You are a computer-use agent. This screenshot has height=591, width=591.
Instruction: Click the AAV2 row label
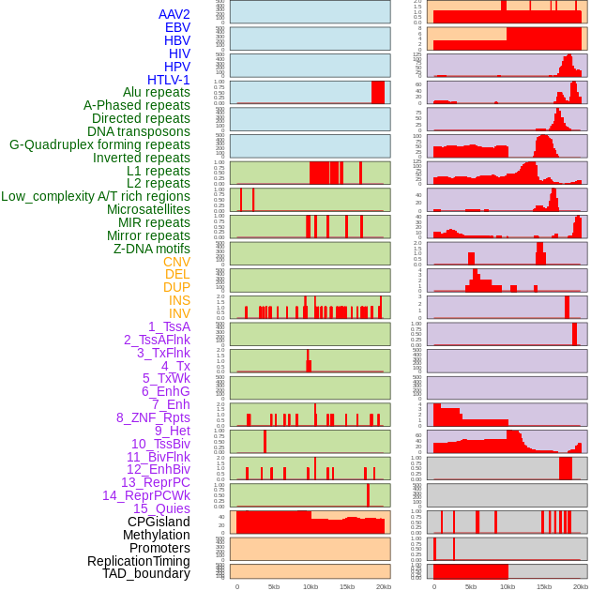pyautogui.click(x=174, y=14)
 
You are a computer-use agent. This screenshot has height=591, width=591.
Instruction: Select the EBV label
pyautogui.click(x=177, y=27)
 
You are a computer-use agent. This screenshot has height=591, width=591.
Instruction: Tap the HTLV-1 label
pyautogui.click(x=169, y=80)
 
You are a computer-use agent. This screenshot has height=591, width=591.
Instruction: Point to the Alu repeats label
pyautogui.click(x=157, y=92)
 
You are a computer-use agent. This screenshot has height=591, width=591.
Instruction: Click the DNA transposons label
pyautogui.click(x=139, y=131)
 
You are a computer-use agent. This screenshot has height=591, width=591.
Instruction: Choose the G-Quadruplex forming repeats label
pyautogui.click(x=99, y=144)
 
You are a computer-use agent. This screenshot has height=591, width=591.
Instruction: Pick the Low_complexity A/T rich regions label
pyautogui.click(x=96, y=196)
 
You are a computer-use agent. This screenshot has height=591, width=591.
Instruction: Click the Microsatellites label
pyautogui.click(x=148, y=209)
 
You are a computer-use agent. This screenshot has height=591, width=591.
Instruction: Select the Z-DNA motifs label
pyautogui.click(x=152, y=249)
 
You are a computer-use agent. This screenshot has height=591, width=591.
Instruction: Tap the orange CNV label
pyautogui.click(x=176, y=262)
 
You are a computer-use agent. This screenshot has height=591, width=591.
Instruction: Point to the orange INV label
pyautogui.click(x=179, y=313)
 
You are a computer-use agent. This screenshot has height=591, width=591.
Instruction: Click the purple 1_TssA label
pyautogui.click(x=169, y=326)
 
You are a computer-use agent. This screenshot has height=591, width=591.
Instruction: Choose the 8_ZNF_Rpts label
pyautogui.click(x=153, y=417)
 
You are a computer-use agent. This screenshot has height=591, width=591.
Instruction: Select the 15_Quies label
pyautogui.click(x=161, y=508)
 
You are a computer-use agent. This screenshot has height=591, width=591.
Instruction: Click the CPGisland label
pyautogui.click(x=159, y=522)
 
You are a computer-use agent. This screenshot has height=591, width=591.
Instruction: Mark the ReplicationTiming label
pyautogui.click(x=139, y=561)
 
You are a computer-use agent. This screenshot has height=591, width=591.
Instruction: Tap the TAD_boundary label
pyautogui.click(x=146, y=573)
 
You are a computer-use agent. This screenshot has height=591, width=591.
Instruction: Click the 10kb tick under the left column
pyautogui.click(x=311, y=586)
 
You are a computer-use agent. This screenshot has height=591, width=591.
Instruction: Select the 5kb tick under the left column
pyautogui.click(x=274, y=586)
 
